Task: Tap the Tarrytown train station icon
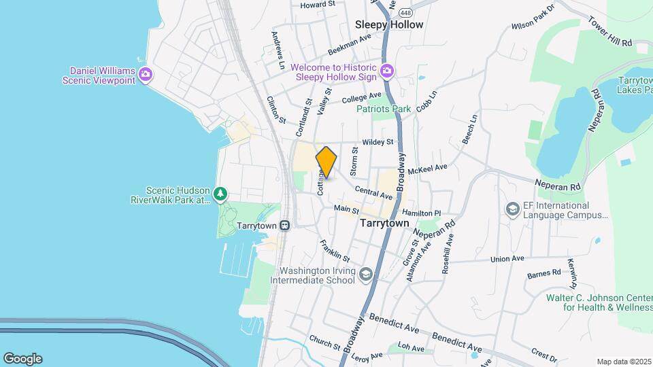point(285,225)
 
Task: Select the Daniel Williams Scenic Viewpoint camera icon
point(145,74)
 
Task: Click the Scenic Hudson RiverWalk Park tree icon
point(220,194)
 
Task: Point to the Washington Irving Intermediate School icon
point(366,275)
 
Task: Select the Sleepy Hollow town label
point(389,24)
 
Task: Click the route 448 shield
point(405,13)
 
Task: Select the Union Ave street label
point(507,259)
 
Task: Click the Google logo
point(22,358)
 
